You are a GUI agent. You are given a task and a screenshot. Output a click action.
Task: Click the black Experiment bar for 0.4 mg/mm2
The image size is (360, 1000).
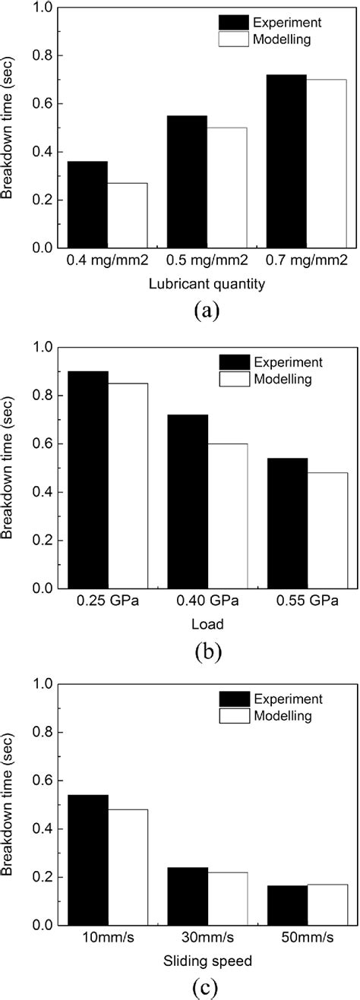click(x=87, y=204)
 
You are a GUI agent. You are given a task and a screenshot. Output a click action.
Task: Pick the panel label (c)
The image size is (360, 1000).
click(x=207, y=987)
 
